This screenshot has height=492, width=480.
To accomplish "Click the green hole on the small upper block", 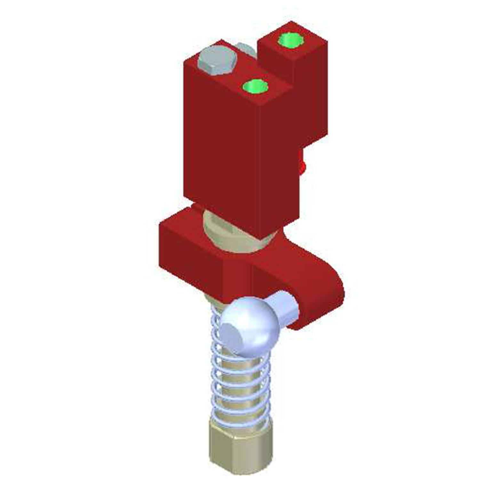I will point(290,41).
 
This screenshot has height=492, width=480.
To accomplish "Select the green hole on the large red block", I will point(255,86).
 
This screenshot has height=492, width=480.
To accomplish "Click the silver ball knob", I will point(253,323).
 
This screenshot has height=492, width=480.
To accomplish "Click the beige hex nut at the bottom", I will point(240,448).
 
